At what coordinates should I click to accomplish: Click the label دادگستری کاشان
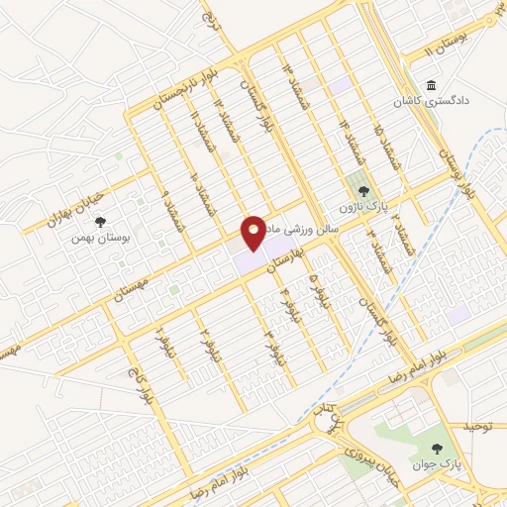429,102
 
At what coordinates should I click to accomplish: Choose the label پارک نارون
363,207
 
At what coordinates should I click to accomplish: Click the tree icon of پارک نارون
363,190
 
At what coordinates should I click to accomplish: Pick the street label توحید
477,426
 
